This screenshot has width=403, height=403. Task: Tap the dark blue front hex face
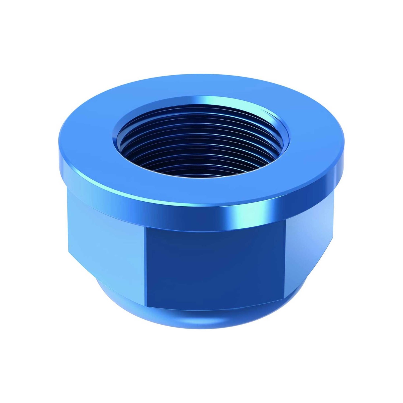pos(215,268)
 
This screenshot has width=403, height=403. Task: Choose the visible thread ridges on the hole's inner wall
pos(201,165)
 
